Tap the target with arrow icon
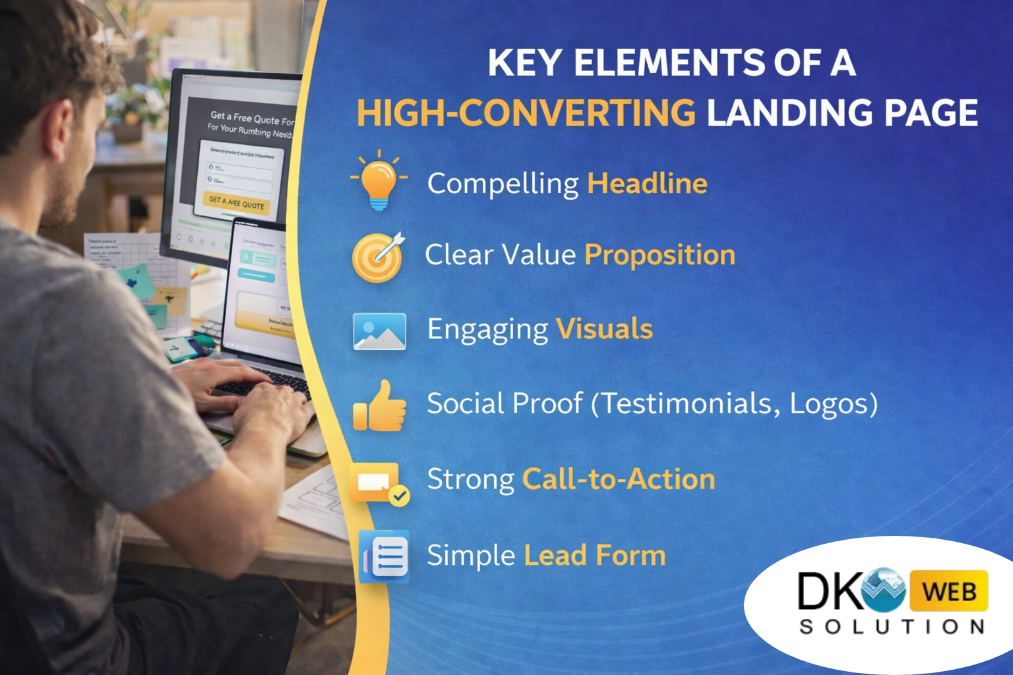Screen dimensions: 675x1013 click(377, 257)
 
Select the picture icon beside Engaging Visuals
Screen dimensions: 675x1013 click(379, 331)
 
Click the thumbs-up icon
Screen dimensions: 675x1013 click(380, 407)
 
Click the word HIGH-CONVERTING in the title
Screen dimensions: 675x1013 click(526, 113)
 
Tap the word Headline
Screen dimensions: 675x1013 click(647, 183)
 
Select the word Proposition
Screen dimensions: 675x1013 click(660, 255)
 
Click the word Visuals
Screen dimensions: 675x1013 click(604, 329)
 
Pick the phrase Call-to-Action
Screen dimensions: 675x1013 click(619, 479)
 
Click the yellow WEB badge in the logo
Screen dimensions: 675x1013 click(948, 591)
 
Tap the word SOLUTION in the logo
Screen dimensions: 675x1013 click(892, 626)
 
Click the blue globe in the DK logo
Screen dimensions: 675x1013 click(884, 589)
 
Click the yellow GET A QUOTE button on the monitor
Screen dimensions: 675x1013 click(236, 202)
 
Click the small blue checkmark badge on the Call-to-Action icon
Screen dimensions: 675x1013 click(399, 496)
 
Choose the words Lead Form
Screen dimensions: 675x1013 click(594, 556)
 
